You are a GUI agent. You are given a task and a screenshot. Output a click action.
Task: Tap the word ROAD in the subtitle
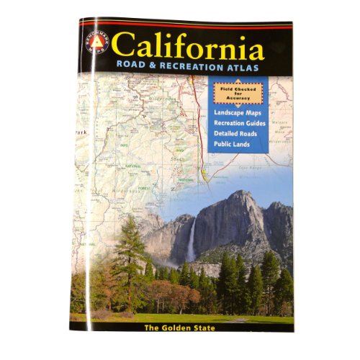[x=132, y=71]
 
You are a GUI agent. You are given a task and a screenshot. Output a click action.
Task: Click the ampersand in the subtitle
[x=154, y=71]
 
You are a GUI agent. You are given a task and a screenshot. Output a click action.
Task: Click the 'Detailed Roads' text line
[x=240, y=135]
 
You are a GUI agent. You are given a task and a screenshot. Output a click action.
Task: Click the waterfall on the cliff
[x=191, y=241]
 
